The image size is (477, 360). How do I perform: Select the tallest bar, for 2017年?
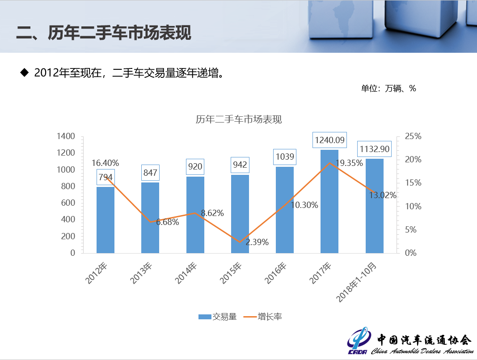pyautogui.click(x=329, y=201)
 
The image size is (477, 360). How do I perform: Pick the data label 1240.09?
pyautogui.click(x=329, y=140)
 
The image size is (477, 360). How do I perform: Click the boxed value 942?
pyautogui.click(x=240, y=165)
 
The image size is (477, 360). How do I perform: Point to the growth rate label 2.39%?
pyautogui.click(x=257, y=242)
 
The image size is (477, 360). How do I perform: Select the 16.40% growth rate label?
pyautogui.click(x=106, y=163)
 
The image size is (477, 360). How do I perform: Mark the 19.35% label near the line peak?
pyautogui.click(x=349, y=163)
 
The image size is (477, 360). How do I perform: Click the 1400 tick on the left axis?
pyautogui.click(x=66, y=136)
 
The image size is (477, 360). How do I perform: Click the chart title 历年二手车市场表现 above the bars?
pyautogui.click(x=239, y=120)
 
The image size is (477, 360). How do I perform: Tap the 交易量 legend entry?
pyautogui.click(x=218, y=317)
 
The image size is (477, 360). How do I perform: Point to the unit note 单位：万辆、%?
pyautogui.click(x=388, y=89)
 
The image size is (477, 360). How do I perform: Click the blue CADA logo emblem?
pyautogui.click(x=359, y=342)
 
